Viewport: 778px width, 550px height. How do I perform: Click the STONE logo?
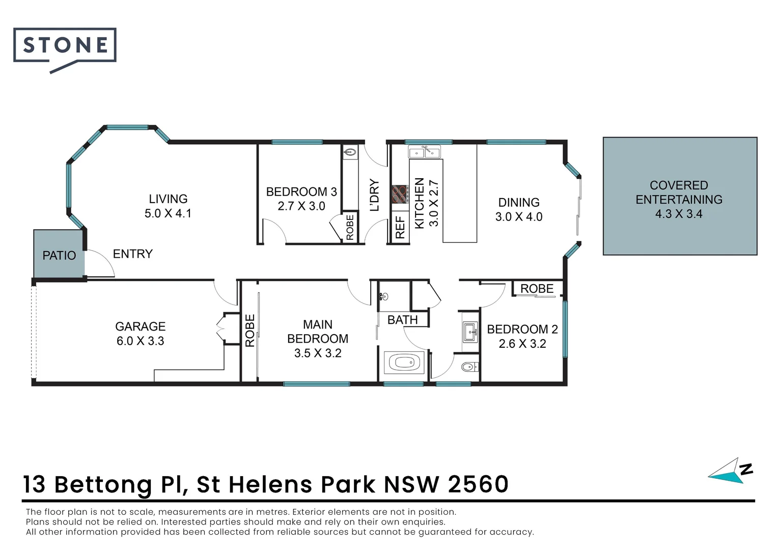tap(65, 46)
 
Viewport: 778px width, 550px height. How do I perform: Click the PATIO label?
tap(59, 256)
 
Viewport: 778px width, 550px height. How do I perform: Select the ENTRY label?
tap(132, 254)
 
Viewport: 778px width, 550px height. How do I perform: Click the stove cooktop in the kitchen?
tap(400, 194)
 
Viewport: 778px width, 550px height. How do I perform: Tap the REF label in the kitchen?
tap(400, 227)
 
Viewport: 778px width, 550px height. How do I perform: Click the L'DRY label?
tap(374, 195)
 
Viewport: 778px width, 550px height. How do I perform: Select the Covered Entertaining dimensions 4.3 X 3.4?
tap(679, 214)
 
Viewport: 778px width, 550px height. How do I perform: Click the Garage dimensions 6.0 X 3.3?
tap(141, 341)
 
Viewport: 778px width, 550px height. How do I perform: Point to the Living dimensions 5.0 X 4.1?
tap(168, 213)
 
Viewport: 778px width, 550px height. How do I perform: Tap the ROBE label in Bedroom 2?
tap(537, 289)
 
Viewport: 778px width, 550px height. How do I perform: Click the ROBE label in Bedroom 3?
tap(350, 227)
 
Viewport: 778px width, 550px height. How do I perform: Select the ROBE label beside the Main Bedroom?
tap(249, 331)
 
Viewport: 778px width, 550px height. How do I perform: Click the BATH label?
tap(402, 320)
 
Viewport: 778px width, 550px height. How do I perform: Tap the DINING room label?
tap(519, 202)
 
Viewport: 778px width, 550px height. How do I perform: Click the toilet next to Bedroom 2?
tap(469, 366)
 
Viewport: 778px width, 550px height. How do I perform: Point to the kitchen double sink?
tap(424, 152)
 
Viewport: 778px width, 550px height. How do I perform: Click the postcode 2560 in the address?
tap(478, 484)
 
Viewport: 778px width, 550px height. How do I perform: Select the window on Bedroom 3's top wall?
tap(297, 142)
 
